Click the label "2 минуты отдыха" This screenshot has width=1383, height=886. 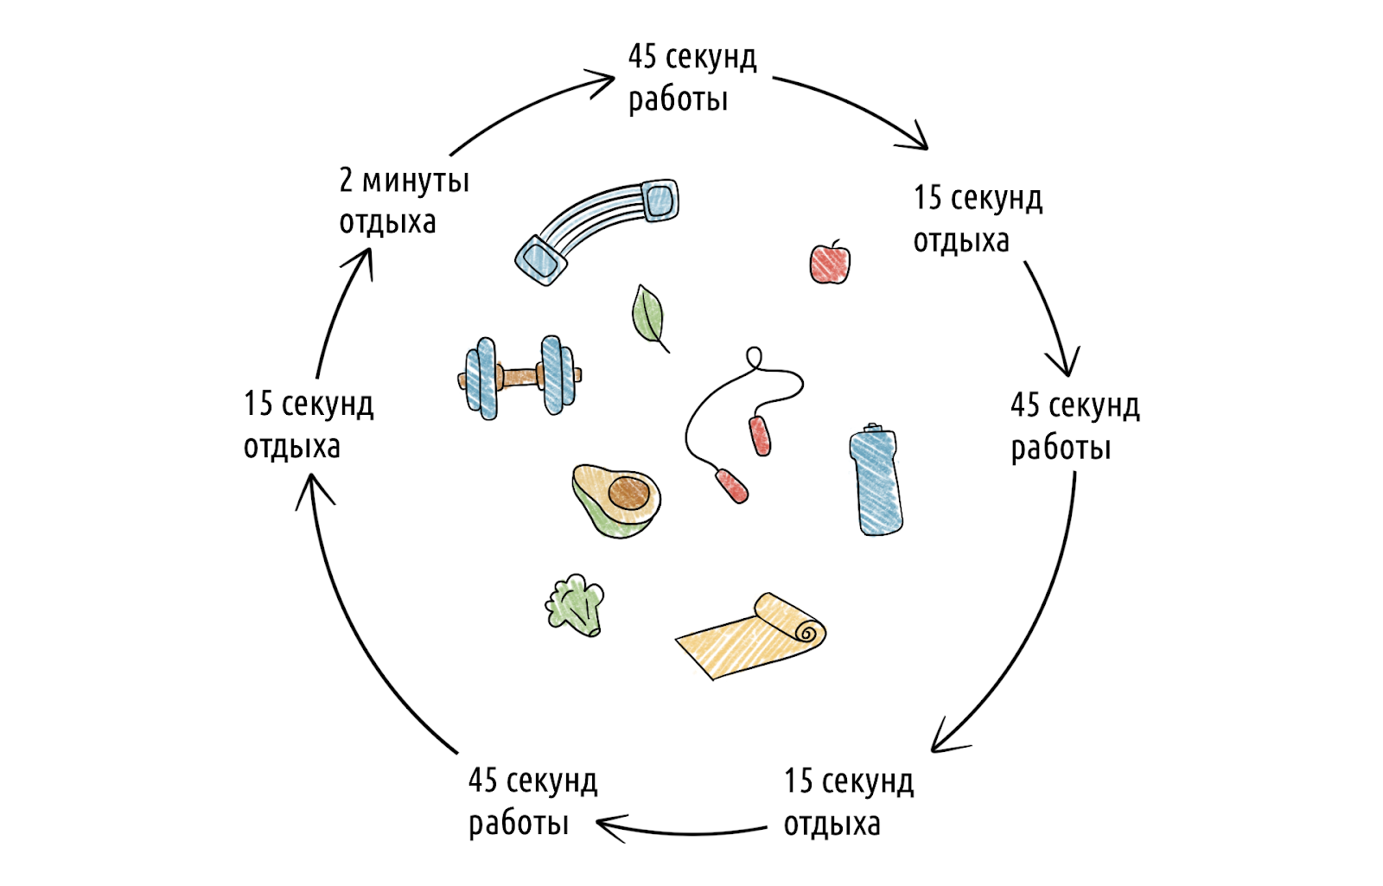point(403,201)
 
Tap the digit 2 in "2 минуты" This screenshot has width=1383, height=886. point(346,180)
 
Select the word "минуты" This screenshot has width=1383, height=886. point(416,182)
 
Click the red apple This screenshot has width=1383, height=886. point(830,263)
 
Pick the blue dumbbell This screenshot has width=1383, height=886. point(519,377)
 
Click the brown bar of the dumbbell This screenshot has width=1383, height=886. point(519,376)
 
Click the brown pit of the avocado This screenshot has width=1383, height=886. point(628,493)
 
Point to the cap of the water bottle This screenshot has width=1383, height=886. point(873,429)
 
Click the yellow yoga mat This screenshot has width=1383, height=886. point(750,638)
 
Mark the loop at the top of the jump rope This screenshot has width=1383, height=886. point(754,356)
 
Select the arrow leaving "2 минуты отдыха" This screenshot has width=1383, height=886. point(527,108)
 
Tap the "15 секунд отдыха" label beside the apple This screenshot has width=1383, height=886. point(978,219)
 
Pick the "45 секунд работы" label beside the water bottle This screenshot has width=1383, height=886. point(1074,426)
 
